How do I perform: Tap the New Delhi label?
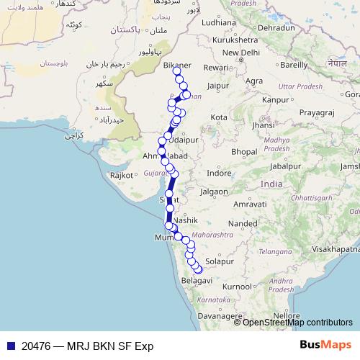point(240,53)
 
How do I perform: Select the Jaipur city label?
point(217,85)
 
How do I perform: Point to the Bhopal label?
point(245,151)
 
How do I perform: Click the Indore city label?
point(219,173)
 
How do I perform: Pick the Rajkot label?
point(122,175)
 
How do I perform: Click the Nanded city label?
point(243,224)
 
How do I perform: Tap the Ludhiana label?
point(220,22)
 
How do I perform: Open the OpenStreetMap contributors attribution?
point(297,322)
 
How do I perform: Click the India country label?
point(271,184)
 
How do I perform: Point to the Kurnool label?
point(238,287)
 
